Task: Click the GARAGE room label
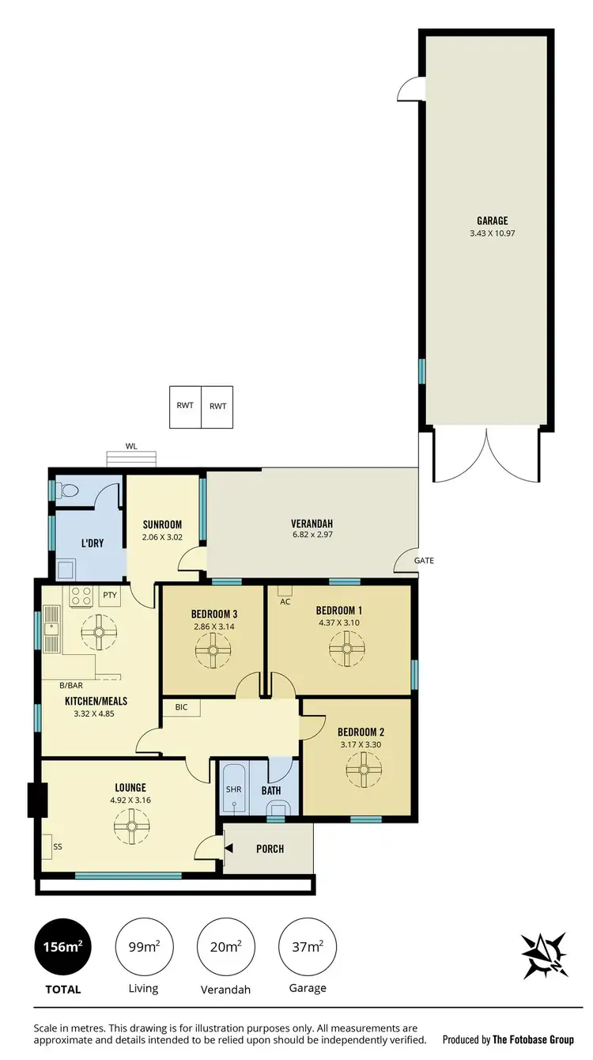click(x=492, y=221)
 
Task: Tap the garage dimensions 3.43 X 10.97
click(x=492, y=233)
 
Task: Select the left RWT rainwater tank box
click(x=186, y=407)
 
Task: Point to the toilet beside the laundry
click(x=69, y=490)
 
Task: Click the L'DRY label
click(x=91, y=543)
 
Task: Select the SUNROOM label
click(x=162, y=524)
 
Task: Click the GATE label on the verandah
click(x=424, y=561)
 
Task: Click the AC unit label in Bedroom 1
click(x=285, y=601)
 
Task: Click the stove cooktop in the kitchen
click(x=82, y=596)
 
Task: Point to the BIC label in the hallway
click(x=181, y=707)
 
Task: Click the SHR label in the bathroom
click(x=232, y=789)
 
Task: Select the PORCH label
click(x=270, y=849)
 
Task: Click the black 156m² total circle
click(x=62, y=946)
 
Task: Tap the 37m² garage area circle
click(x=307, y=946)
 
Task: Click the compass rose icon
click(x=544, y=956)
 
